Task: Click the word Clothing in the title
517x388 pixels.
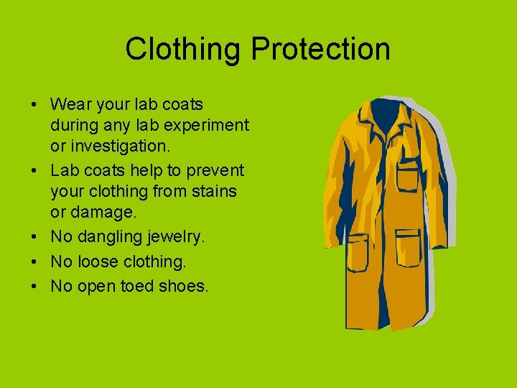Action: [185, 50]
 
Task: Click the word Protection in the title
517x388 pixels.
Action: [321, 50]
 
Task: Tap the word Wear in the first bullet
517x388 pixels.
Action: [70, 105]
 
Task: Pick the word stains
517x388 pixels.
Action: [213, 192]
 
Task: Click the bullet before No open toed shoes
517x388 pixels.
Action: [34, 286]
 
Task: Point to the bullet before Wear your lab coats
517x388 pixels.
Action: [34, 105]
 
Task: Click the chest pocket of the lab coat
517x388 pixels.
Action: [408, 176]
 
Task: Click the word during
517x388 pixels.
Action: [73, 126]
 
